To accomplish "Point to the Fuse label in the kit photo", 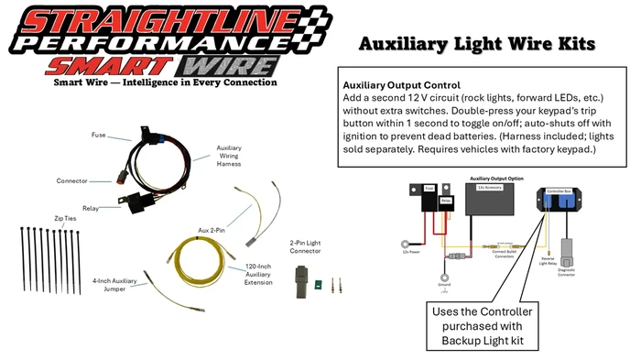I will (98, 135).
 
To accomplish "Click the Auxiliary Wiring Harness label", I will (229, 154).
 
